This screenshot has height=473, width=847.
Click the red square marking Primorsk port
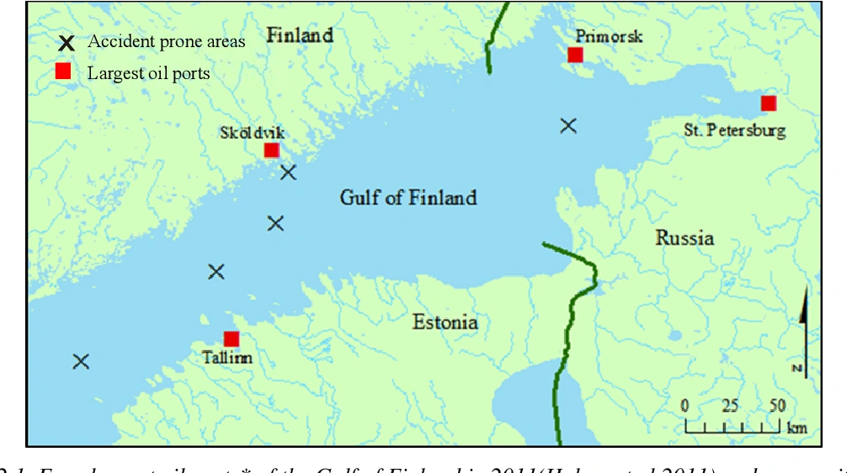(x=575, y=55)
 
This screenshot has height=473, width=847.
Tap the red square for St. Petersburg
(x=768, y=104)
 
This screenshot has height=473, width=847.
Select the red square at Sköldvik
(x=271, y=151)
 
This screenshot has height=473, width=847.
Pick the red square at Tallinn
(x=232, y=339)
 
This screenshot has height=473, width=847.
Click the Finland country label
(x=300, y=35)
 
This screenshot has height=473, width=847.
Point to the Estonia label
(x=445, y=322)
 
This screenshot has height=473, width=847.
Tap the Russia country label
(x=685, y=238)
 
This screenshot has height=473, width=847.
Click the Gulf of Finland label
(x=408, y=198)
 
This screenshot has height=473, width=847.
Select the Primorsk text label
(x=609, y=36)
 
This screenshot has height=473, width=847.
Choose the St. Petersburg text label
(x=735, y=130)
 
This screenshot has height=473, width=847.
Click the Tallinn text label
(x=227, y=358)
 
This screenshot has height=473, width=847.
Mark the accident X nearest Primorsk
(x=569, y=125)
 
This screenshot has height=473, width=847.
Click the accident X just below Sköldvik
(x=289, y=173)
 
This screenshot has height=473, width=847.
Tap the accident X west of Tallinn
(x=81, y=361)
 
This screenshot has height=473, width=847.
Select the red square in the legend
(x=62, y=72)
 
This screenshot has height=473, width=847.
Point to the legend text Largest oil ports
(x=148, y=73)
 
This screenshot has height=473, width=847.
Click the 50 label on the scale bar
(x=776, y=406)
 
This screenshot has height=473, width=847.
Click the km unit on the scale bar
(x=796, y=428)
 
